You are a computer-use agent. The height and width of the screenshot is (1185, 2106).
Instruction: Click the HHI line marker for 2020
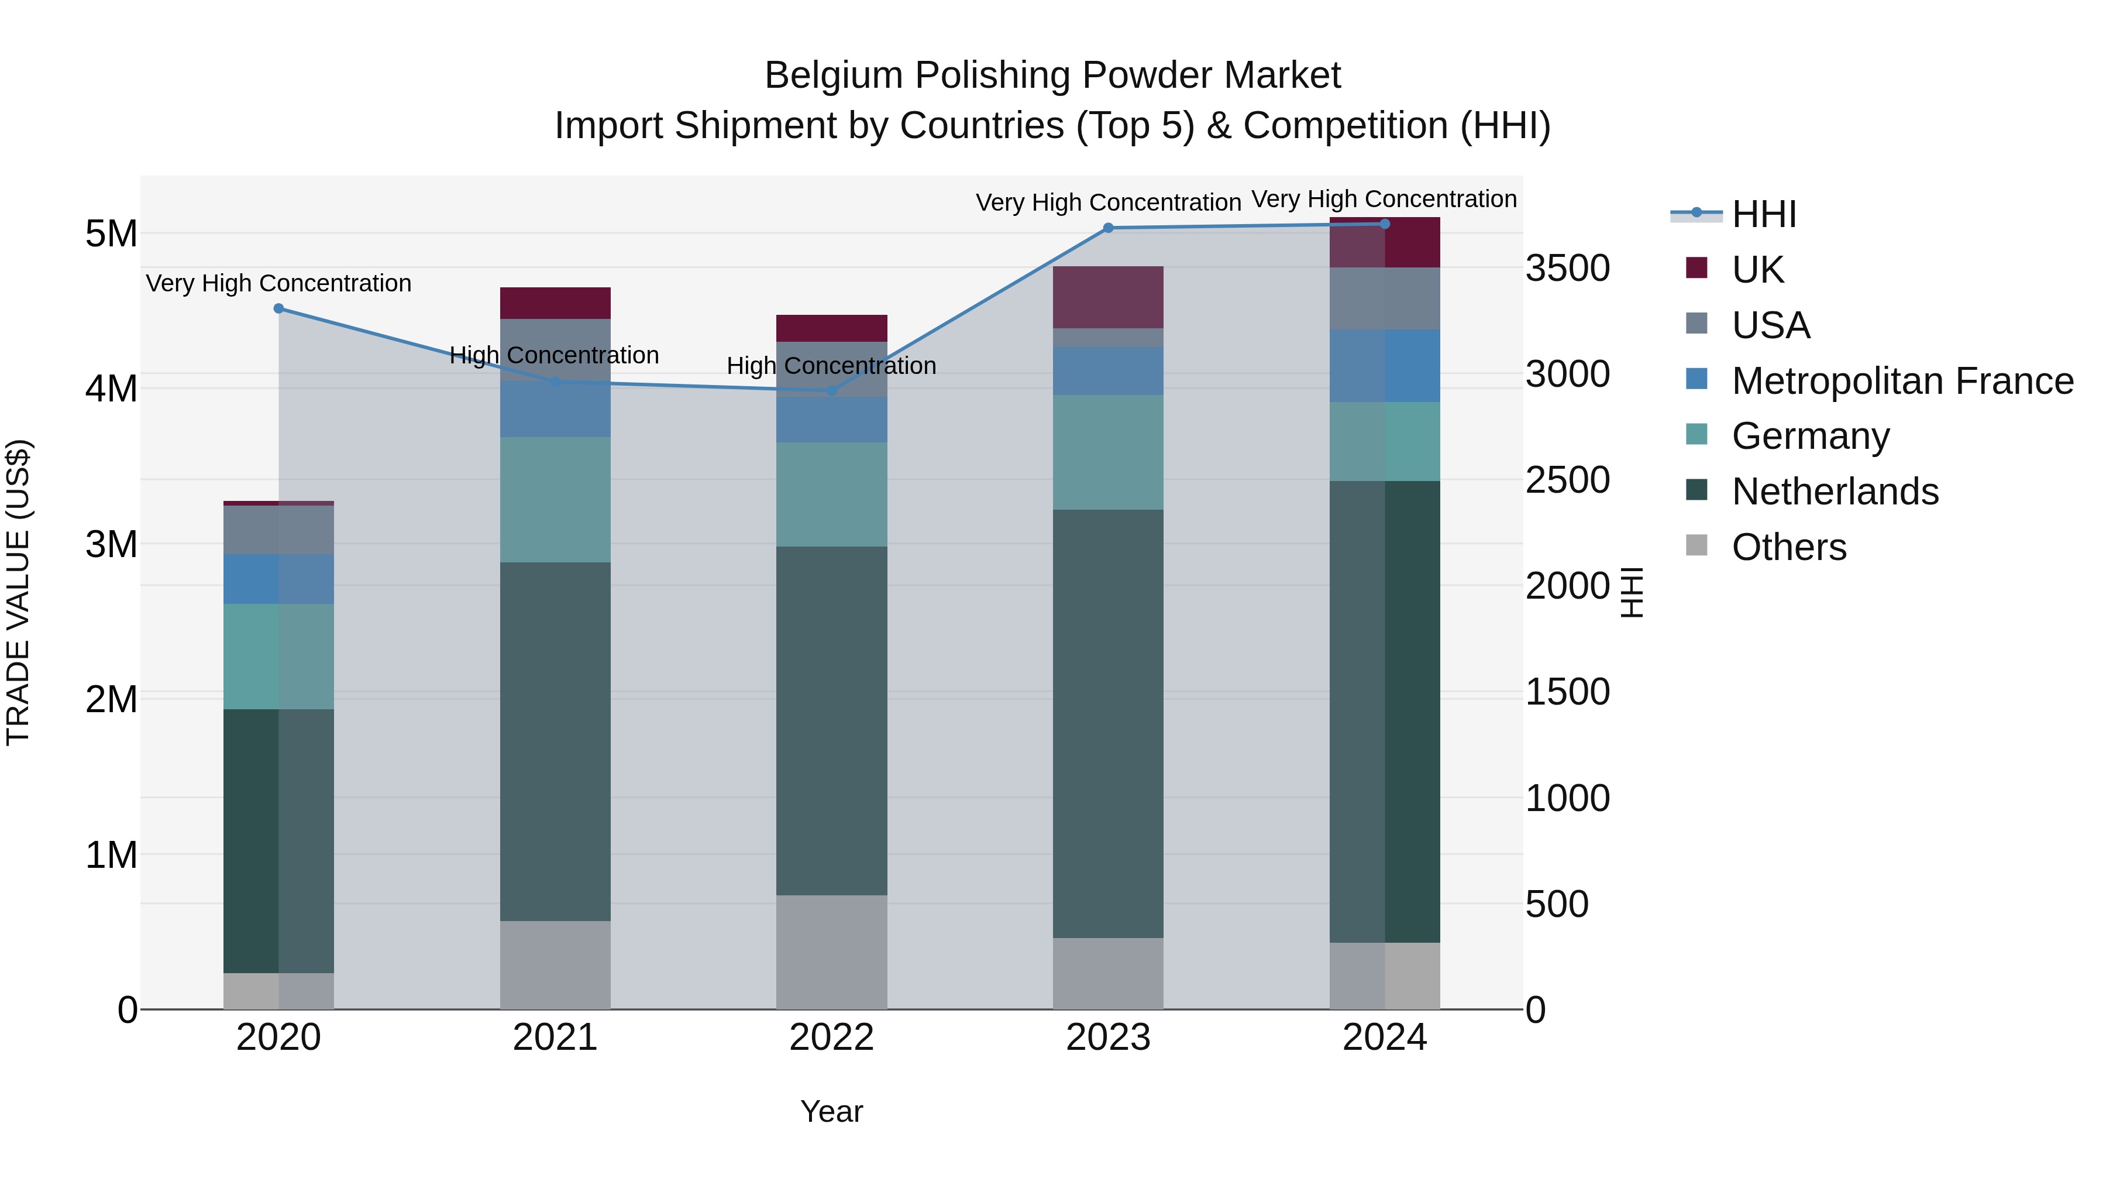(279, 308)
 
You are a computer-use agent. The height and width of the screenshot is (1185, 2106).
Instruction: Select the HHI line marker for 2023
(1109, 228)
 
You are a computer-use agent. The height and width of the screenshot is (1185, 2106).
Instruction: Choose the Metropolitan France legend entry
(1902, 381)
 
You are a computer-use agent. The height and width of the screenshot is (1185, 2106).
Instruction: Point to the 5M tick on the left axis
(111, 234)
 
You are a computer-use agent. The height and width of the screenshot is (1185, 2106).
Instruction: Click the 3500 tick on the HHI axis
(1567, 268)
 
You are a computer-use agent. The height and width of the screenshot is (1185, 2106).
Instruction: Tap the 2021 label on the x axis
(555, 1038)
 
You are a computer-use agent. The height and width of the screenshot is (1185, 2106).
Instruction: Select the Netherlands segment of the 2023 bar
(1109, 724)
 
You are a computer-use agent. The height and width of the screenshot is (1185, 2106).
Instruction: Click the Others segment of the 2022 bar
(831, 952)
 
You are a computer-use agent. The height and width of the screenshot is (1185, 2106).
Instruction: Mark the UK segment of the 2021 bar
(555, 303)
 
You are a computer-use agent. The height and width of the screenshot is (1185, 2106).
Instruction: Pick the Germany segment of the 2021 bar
(555, 500)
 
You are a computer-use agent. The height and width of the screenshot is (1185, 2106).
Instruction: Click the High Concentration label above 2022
(831, 366)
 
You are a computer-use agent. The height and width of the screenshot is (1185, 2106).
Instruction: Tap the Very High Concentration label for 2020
(279, 283)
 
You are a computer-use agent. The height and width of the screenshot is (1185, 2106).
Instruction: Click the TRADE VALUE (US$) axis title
(18, 592)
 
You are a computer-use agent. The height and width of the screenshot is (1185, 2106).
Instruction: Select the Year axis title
(831, 1111)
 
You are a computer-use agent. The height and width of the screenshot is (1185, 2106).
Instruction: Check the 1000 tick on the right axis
(1567, 798)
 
